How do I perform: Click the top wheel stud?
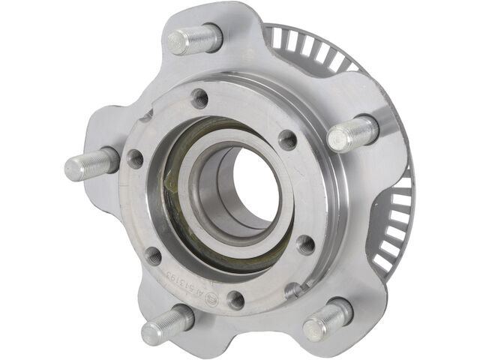point(193,38)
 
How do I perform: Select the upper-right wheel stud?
point(352,134)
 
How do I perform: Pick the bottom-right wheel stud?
point(328,319)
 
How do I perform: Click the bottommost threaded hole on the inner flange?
point(235,300)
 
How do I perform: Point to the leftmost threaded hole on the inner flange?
point(135,158)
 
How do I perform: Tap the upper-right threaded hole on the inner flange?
point(287,139)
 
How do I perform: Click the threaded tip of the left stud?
point(73,167)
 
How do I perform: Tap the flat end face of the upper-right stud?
point(339,139)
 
